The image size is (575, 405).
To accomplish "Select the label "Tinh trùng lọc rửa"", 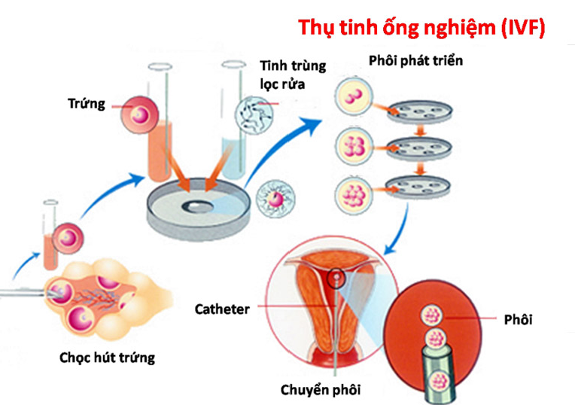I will [292, 73].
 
